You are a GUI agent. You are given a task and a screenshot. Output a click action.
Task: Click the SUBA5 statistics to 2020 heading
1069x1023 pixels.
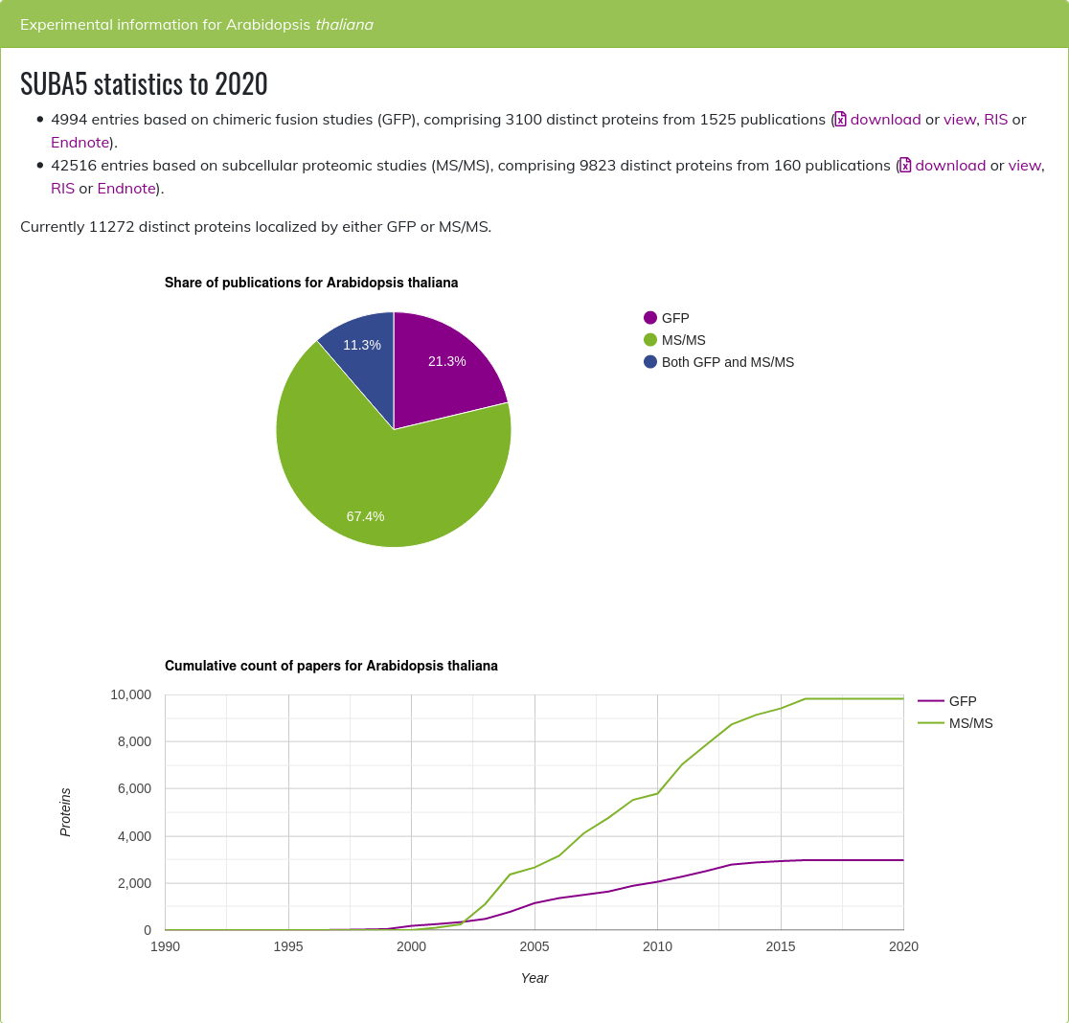coord(144,84)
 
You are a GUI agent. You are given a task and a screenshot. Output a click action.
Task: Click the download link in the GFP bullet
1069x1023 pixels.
coord(885,119)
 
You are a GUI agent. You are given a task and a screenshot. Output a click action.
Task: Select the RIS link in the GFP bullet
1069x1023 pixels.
coord(995,119)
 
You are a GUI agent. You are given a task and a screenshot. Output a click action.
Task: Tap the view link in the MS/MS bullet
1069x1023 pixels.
coord(1024,165)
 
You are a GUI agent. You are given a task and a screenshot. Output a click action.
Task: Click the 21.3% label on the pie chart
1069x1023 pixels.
coord(446,361)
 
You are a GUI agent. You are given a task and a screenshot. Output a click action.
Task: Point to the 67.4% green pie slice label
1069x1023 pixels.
coord(365,516)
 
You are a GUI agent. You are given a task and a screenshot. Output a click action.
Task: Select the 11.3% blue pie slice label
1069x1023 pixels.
coord(362,345)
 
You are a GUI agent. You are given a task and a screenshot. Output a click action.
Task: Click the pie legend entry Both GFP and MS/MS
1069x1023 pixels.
coord(727,362)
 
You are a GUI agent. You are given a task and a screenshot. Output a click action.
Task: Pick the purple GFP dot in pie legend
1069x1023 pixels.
coord(650,318)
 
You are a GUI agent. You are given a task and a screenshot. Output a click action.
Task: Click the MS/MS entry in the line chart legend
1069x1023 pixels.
coord(970,723)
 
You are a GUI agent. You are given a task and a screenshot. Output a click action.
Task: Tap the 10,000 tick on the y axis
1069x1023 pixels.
coord(130,694)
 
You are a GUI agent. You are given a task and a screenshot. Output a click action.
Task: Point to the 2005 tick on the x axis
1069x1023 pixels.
coord(534,946)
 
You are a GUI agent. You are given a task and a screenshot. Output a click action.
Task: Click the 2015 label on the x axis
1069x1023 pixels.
coord(781,946)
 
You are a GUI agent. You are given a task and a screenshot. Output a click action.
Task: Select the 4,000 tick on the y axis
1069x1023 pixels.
coord(134,836)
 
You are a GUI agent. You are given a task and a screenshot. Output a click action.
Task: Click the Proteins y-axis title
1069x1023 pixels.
coord(65,812)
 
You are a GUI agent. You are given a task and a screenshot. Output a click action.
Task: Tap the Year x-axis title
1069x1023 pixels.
coord(534,978)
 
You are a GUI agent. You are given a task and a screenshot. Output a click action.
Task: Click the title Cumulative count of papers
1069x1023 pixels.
coord(330,666)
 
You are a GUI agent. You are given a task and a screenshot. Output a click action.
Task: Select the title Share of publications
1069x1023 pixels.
coord(311,283)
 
